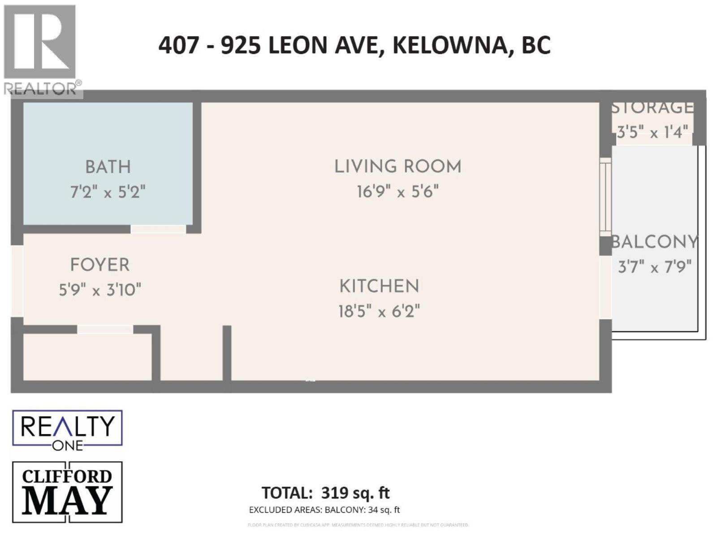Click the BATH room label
[108, 167]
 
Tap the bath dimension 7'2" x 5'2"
[108, 192]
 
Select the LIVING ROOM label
[397, 166]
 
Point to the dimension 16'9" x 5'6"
[397, 192]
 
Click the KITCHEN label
[379, 286]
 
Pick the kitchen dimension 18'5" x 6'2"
[379, 311]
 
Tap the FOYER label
[100, 265]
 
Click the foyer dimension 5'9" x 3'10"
[100, 290]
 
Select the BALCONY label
[655, 242]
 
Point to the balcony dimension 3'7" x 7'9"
[655, 267]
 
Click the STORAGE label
[652, 108]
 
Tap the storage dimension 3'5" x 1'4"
[652, 132]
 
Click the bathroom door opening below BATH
[158, 229]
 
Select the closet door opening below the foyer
[105, 330]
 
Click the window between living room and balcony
[605, 196]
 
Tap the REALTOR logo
[40, 49]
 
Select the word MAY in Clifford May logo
[67, 501]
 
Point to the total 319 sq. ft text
[326, 493]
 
